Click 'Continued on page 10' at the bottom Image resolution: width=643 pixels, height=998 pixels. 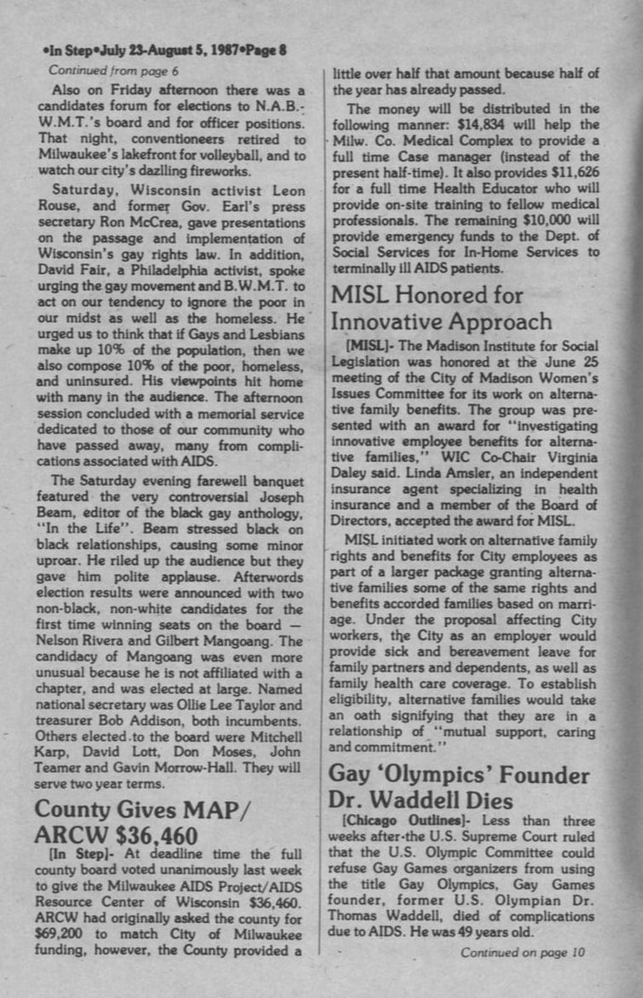523,952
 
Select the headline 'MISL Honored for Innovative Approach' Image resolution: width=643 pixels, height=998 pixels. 441,309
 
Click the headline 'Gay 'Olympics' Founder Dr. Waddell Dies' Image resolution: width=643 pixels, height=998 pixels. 459,787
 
